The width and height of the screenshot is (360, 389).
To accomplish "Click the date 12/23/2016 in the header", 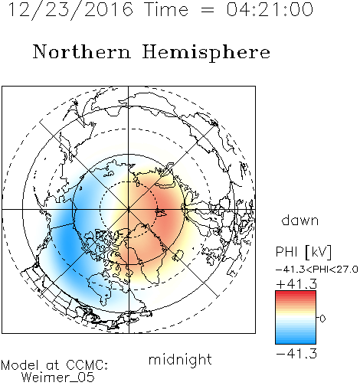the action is [70, 10].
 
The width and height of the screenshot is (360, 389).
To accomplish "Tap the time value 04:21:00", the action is [270, 9].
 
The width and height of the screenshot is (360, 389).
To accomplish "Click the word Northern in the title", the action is [82, 52].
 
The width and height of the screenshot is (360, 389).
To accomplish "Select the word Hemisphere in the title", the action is [206, 53].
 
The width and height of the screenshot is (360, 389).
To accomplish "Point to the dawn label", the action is [300, 221].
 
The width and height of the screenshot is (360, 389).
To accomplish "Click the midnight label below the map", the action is [180, 360].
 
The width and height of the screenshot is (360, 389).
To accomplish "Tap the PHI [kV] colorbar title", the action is [304, 252].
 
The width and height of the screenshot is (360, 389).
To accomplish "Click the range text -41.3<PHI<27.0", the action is [316, 270].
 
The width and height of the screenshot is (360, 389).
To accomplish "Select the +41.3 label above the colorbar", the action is [296, 284].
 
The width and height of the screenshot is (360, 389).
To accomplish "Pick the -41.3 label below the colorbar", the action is [296, 354].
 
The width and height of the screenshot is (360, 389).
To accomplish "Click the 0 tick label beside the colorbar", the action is [322, 319].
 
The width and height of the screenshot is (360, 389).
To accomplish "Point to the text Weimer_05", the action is [57, 378].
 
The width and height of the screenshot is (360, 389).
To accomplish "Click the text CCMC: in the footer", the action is [87, 365].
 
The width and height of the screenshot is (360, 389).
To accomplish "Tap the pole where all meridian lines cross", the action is [129, 210].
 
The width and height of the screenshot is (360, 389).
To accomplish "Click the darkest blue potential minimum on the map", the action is [67, 243].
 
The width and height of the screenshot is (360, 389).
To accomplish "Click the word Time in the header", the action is [166, 10].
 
